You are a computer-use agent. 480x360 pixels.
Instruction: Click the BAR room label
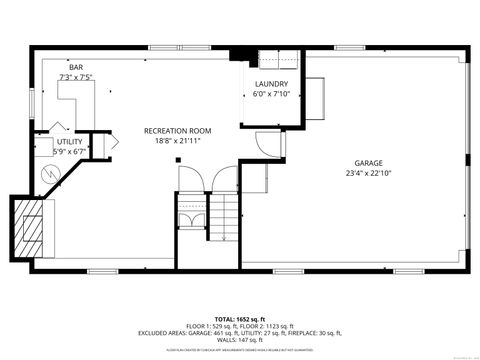tap(76, 66)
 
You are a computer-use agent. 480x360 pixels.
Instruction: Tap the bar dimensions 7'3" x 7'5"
tap(76, 76)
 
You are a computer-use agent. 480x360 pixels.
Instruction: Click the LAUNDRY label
tap(271, 84)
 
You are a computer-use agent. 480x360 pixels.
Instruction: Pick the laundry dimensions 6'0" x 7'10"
tap(271, 94)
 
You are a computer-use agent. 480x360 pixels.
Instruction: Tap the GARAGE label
tap(369, 163)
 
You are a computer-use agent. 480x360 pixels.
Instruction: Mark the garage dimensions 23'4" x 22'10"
tap(369, 173)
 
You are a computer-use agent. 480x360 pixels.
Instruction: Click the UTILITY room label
tap(69, 142)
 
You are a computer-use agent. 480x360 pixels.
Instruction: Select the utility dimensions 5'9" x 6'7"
tap(69, 152)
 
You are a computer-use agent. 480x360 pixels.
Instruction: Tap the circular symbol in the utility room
tap(47, 173)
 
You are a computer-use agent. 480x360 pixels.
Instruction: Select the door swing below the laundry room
tap(269, 146)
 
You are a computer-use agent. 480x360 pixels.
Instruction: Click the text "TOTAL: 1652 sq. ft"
tap(240, 315)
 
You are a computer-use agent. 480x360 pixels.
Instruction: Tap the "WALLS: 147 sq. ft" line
tap(240, 339)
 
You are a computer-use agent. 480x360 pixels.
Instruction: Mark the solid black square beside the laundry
tap(236, 55)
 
